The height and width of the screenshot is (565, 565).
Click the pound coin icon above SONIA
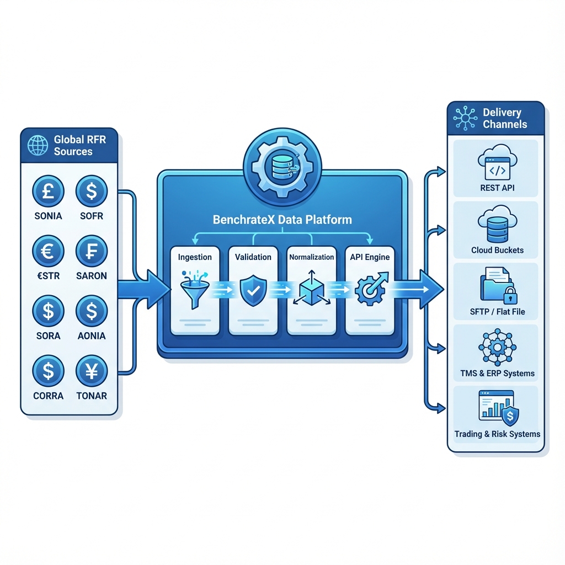[x=48, y=191]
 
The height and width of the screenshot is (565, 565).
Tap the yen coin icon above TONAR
[x=92, y=371]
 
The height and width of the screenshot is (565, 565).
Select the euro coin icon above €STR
[x=48, y=252]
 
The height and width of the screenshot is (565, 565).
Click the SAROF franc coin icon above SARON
[x=92, y=252]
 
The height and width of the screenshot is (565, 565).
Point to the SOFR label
[x=92, y=216]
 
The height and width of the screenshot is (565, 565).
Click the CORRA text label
[x=48, y=396]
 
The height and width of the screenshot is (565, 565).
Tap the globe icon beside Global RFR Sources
[x=38, y=146]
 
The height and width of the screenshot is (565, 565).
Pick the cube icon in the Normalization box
[x=312, y=289]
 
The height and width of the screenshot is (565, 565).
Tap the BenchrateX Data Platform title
[x=282, y=220]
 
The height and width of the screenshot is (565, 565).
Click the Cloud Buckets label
[x=497, y=250]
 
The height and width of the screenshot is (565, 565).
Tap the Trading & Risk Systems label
[x=497, y=434]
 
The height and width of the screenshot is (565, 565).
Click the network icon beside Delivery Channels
[x=465, y=118]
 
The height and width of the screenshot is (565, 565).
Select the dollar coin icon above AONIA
[x=92, y=311]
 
